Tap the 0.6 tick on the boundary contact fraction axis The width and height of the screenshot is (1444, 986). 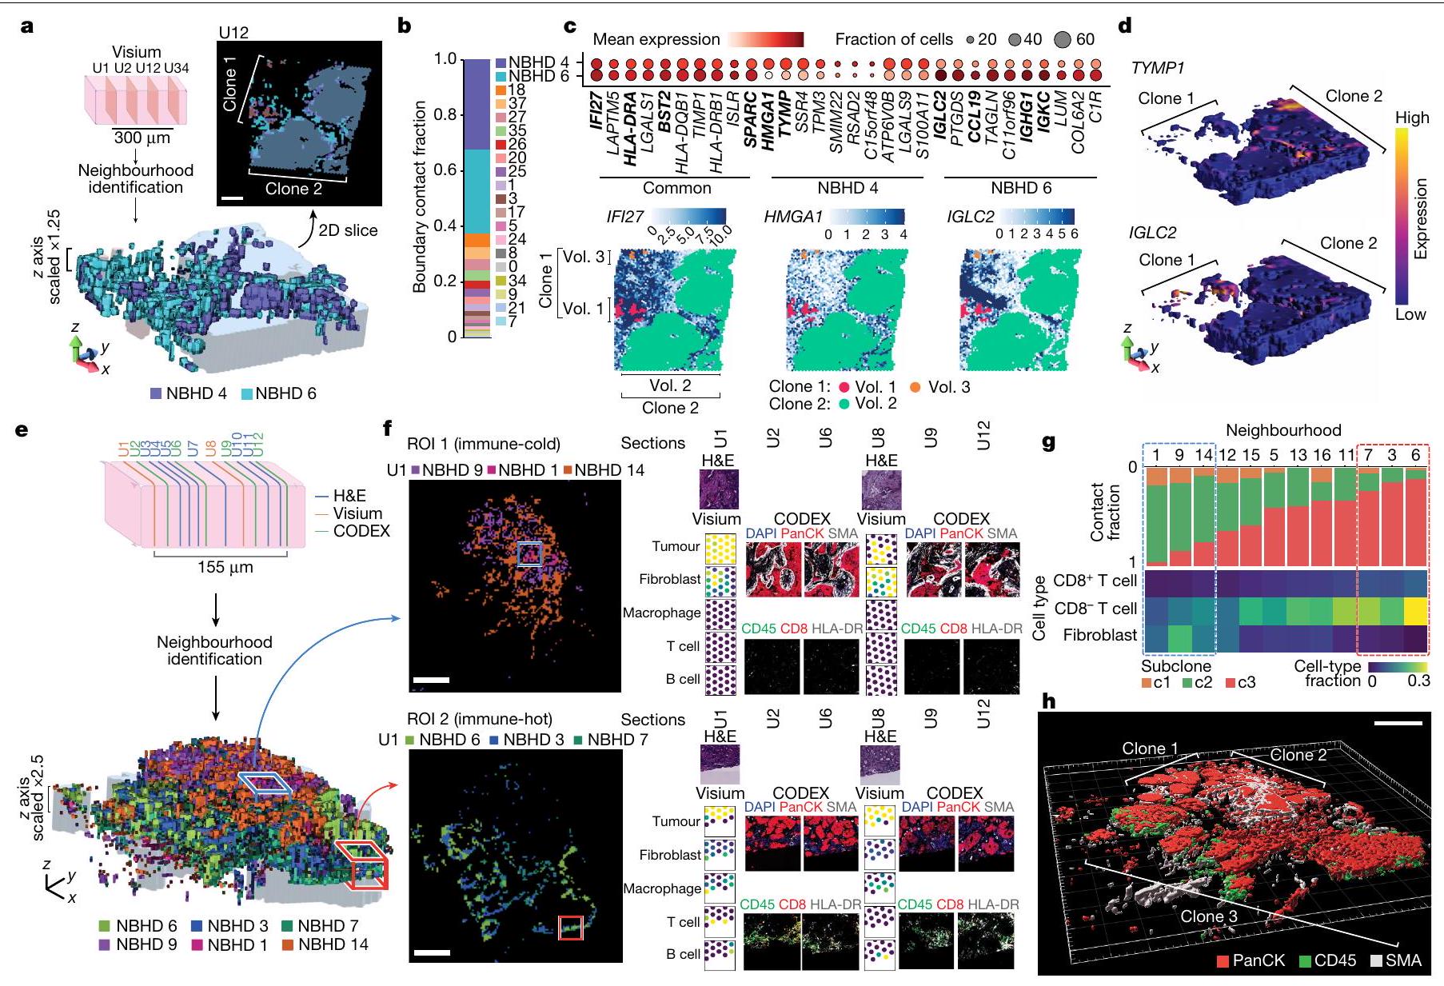448,170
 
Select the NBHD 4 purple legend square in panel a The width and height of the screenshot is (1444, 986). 157,393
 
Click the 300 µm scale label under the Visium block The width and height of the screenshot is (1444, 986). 142,137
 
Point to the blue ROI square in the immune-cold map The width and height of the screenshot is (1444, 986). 529,553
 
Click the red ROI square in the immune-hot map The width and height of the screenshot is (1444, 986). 570,928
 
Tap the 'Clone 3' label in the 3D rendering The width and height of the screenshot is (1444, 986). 1208,916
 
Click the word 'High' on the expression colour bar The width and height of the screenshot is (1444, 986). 1412,118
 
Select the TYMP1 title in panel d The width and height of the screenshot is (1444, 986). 1157,68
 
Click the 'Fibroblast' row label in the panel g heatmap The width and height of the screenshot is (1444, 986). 1099,635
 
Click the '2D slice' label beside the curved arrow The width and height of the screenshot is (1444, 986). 348,230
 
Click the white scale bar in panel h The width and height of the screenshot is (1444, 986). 1398,723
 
